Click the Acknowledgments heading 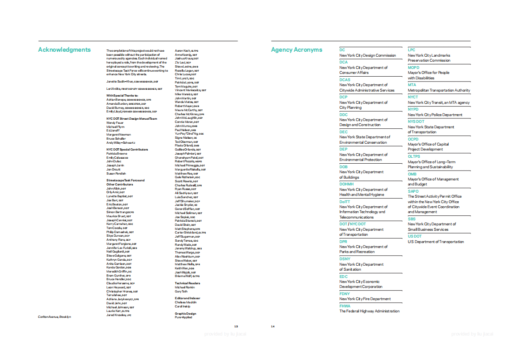(x=64, y=50)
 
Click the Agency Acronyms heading (x=296, y=50)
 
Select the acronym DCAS (x=345, y=80)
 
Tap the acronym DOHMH (x=347, y=185)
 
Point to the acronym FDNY (x=344, y=294)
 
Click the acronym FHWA (x=345, y=306)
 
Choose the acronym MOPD (x=413, y=68)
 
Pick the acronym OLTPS (x=414, y=156)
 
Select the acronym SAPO (x=413, y=191)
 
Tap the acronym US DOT (x=414, y=236)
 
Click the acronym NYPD (x=413, y=109)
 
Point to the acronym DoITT (x=344, y=202)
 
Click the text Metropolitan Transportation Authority (x=439, y=90)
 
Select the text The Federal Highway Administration (x=369, y=311)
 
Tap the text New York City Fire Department (x=365, y=299)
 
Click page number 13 (x=236, y=326)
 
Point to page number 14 (x=273, y=326)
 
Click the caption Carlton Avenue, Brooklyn (x=54, y=316)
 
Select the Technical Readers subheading (x=187, y=283)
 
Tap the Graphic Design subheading (x=185, y=313)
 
